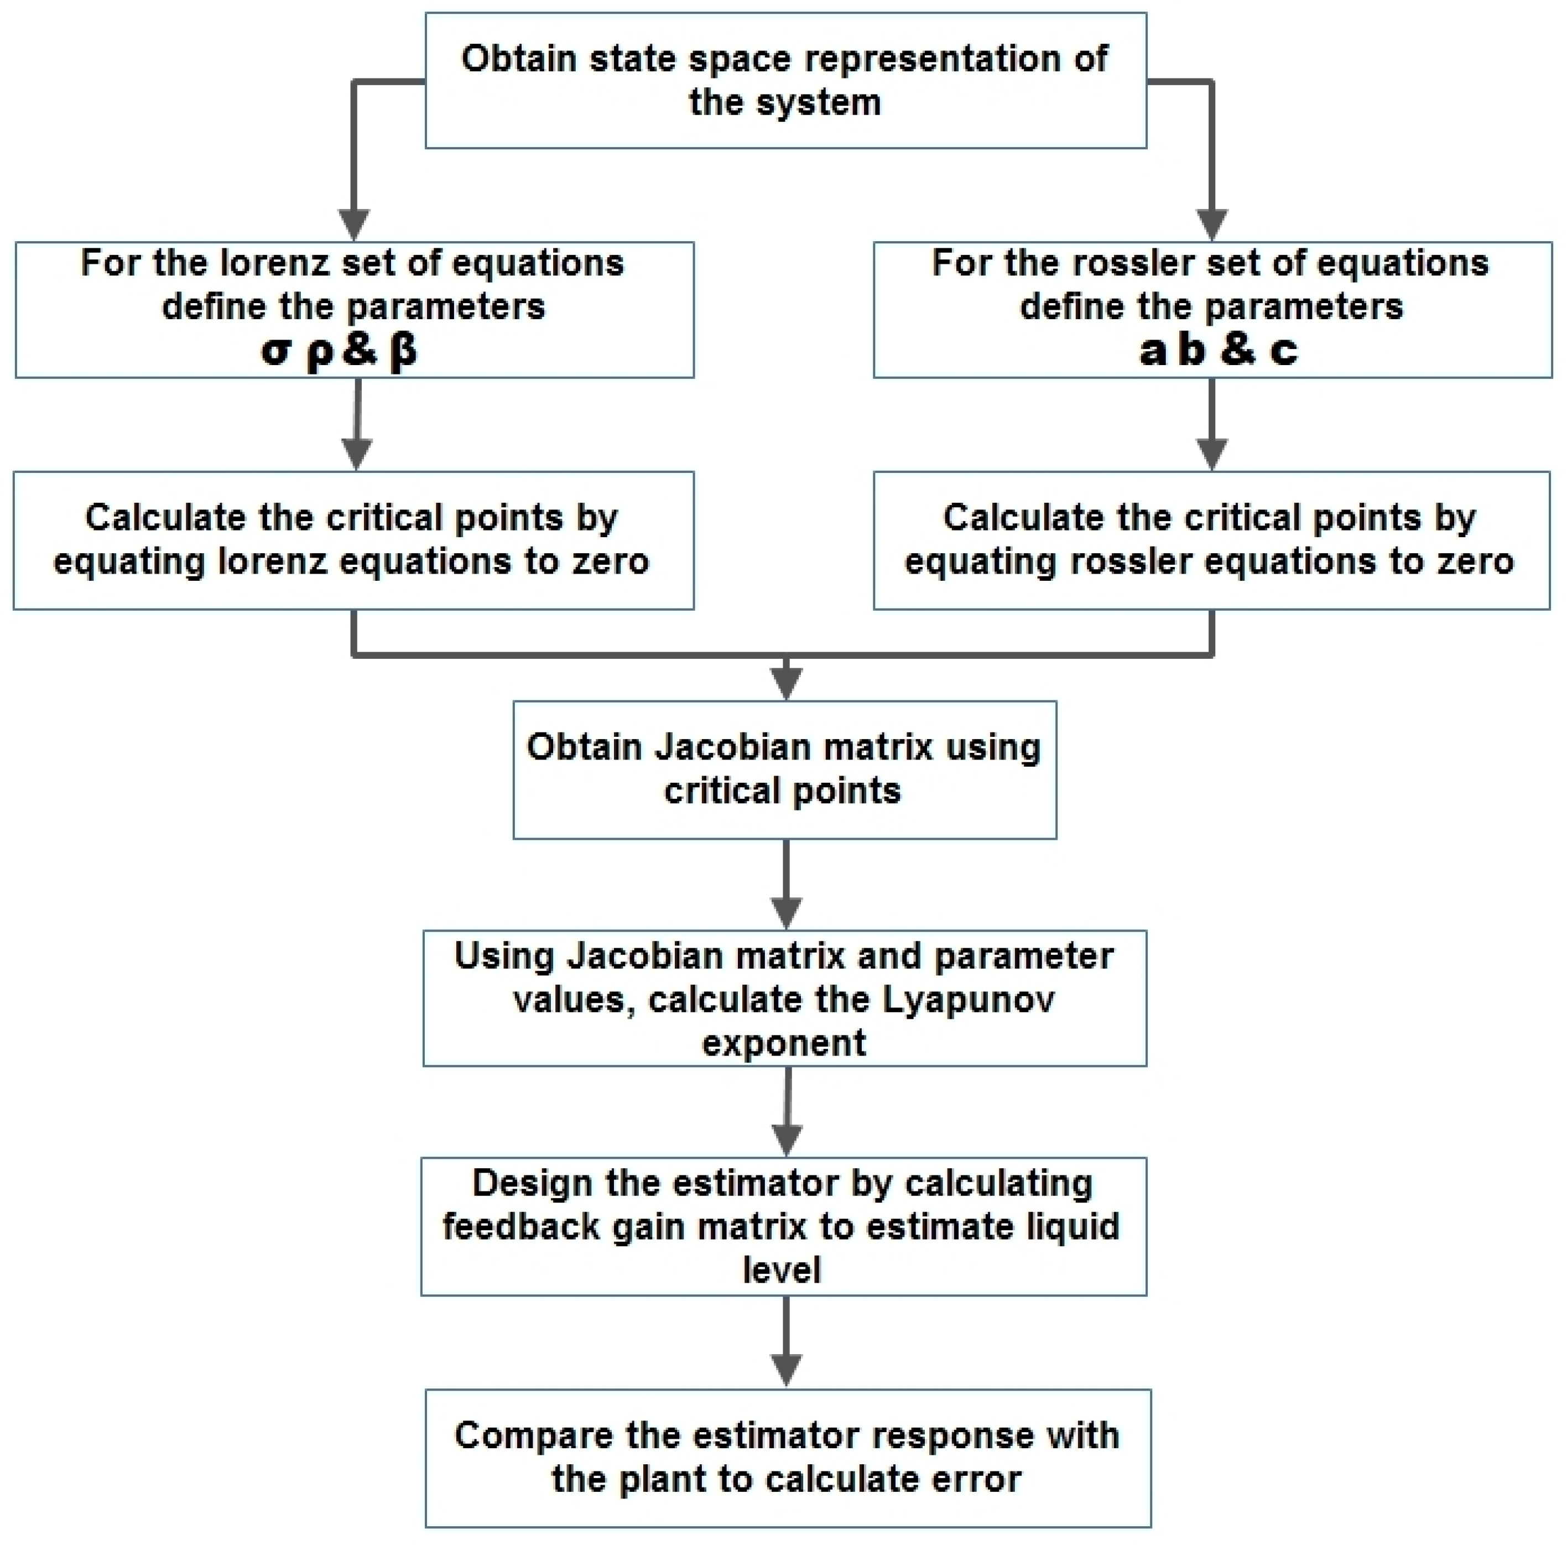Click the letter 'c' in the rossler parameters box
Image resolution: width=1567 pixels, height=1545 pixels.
[x=1283, y=351]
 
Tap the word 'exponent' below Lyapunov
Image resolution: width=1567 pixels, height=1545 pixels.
[x=783, y=1042]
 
